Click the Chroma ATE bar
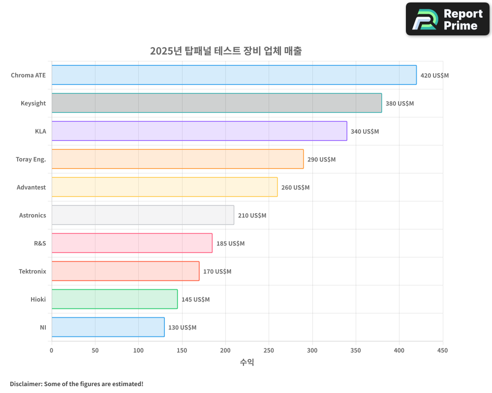click(234, 75)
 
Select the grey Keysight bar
click(216, 103)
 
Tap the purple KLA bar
click(199, 131)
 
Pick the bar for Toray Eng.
click(178, 159)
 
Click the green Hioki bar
click(115, 299)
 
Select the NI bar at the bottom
click(108, 327)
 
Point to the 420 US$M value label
click(434, 76)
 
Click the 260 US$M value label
click(295, 188)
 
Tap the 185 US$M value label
click(230, 244)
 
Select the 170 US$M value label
click(217, 272)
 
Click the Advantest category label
click(31, 187)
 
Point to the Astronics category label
click(32, 215)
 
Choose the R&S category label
click(40, 243)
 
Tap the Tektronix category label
click(32, 271)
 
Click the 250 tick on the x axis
click(269, 350)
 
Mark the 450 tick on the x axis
click(442, 350)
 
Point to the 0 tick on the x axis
click(52, 350)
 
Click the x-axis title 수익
click(247, 363)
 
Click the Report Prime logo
click(447, 19)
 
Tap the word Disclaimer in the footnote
click(26, 384)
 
